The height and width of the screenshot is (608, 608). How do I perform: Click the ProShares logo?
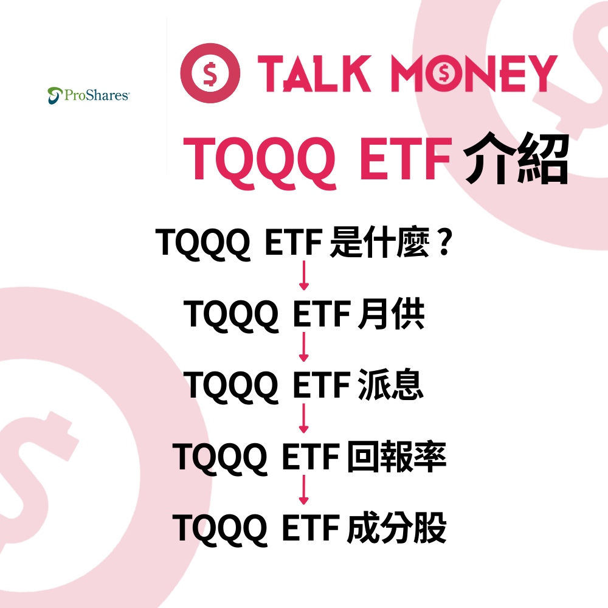coord(88,95)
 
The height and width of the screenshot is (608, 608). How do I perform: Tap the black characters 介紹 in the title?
coord(516,159)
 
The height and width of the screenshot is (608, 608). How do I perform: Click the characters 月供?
coord(390,314)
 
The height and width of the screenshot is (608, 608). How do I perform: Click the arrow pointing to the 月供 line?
coord(303,277)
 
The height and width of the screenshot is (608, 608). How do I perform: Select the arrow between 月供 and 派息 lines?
coord(303,348)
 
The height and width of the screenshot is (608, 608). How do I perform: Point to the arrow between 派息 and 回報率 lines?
coord(303,420)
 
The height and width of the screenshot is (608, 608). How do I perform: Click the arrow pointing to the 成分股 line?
coord(303,491)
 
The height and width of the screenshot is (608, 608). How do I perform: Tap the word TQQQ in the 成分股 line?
coord(219,528)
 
